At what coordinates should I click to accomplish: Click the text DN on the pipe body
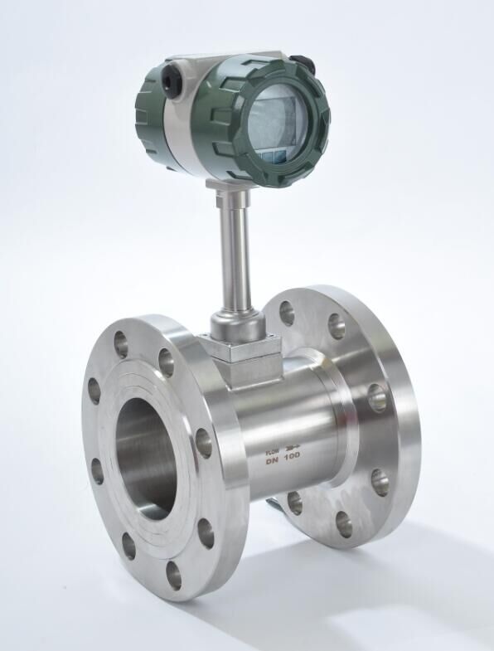[271, 456]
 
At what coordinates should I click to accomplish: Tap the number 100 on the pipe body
[292, 455]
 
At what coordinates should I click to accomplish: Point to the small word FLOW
[274, 449]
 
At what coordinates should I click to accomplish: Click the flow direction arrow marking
[292, 448]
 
